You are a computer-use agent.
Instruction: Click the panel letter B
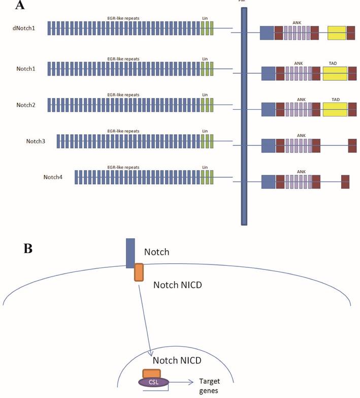point(29,249)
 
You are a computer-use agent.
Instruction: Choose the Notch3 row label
point(36,141)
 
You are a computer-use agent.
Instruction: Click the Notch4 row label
point(53,177)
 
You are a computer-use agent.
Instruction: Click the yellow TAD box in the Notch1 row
point(335,74)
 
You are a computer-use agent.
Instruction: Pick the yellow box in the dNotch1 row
point(337,33)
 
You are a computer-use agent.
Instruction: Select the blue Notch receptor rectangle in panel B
point(130,253)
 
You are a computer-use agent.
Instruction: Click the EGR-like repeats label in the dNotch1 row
point(123,18)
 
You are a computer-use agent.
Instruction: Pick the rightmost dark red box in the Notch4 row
point(345,181)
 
